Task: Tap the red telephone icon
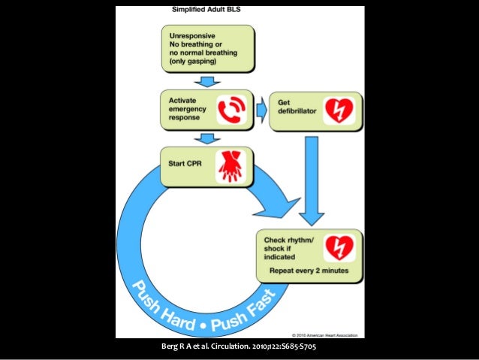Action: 231,110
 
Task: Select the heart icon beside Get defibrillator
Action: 338,110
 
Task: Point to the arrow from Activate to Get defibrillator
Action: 261,110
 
